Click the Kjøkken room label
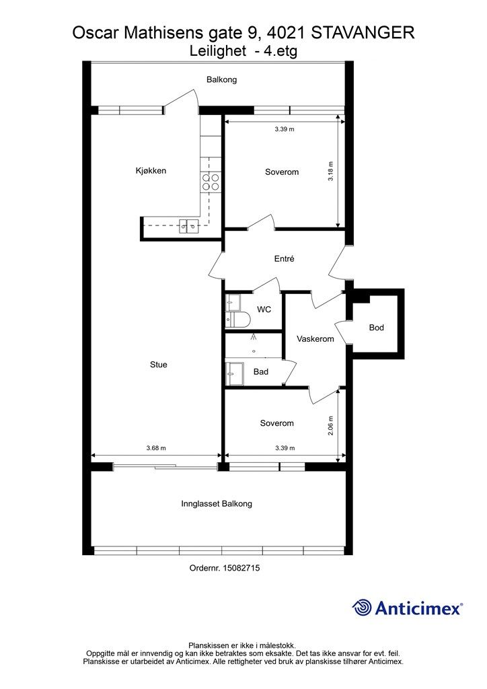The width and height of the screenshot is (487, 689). [x=151, y=171]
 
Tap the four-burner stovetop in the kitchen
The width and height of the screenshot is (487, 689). [x=211, y=182]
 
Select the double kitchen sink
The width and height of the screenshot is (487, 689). [x=188, y=227]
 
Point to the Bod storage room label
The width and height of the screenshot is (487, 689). [x=376, y=328]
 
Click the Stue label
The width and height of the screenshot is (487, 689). [x=159, y=364]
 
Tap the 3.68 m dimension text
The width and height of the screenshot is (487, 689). [x=156, y=448]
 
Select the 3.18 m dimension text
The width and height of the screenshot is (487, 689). [x=331, y=172]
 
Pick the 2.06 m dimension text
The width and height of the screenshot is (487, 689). [x=331, y=426]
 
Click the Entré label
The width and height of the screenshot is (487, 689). [x=284, y=259]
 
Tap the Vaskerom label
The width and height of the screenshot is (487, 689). [x=315, y=339]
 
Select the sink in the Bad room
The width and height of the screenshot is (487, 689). [x=235, y=373]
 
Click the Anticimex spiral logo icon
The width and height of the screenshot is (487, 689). [x=361, y=608]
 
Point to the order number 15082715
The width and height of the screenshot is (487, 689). [x=241, y=568]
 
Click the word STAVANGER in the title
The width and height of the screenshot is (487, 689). [x=363, y=32]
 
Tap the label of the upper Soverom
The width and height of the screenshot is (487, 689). [x=282, y=172]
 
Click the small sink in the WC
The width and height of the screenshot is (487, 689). [x=233, y=302]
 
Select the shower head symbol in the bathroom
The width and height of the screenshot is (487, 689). [x=254, y=337]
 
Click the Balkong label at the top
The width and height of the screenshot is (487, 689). [x=222, y=79]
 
